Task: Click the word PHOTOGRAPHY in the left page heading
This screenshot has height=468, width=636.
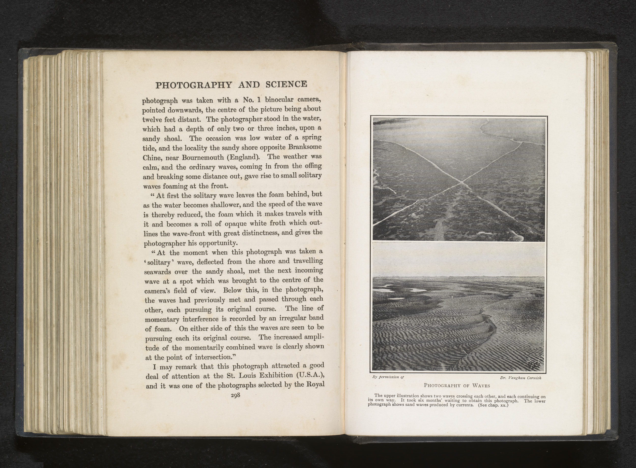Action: (x=194, y=85)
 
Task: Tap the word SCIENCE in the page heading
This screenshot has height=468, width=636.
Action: (x=286, y=84)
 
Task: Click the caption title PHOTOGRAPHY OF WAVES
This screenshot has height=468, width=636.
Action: (x=457, y=385)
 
